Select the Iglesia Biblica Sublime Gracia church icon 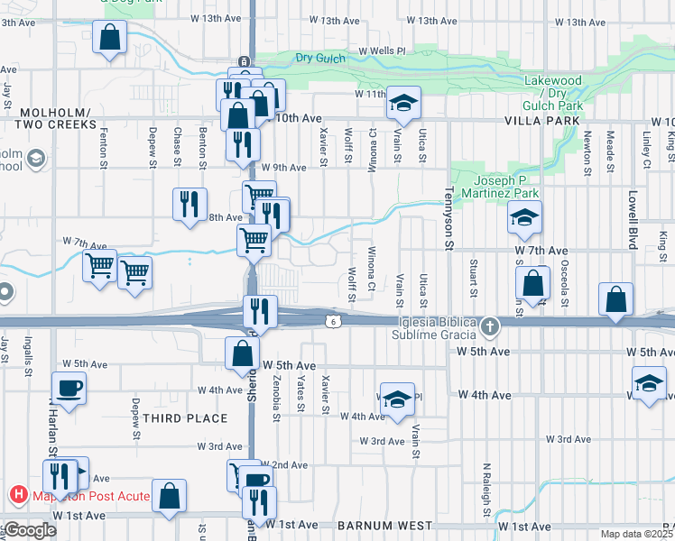(489, 325)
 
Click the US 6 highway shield (333, 320)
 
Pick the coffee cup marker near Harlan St (69, 389)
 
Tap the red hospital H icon (17, 494)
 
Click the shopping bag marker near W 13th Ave (109, 38)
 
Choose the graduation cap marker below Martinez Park (523, 217)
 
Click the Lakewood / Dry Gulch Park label (553, 93)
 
